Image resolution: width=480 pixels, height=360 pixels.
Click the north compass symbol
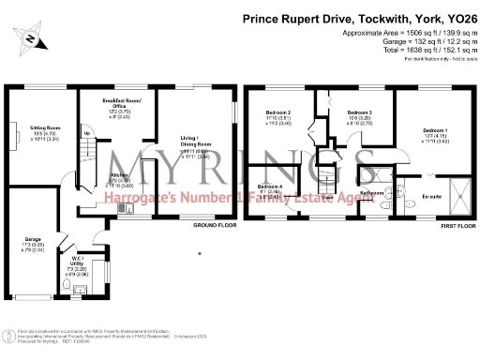[x=33, y=38]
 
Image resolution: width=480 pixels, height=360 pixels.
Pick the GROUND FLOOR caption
[x=212, y=225]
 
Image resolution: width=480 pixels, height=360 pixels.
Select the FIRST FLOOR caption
[x=446, y=225]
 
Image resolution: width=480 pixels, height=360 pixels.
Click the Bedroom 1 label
[x=434, y=129]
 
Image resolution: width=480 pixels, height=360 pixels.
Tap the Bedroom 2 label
[x=277, y=112]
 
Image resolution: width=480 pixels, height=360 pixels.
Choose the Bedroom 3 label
[x=359, y=112]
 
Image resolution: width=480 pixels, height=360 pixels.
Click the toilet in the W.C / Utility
[x=75, y=289]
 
